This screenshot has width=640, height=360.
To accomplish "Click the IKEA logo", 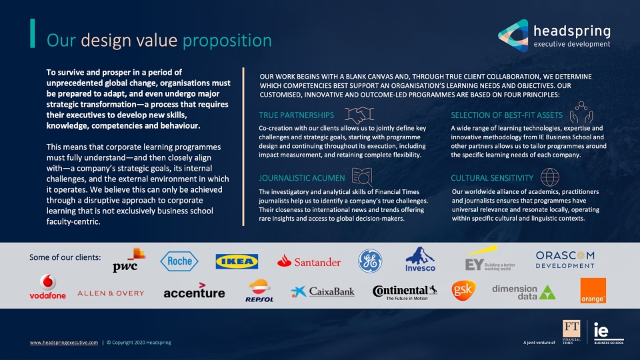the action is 237,261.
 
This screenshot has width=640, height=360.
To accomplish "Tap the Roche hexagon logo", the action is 179,261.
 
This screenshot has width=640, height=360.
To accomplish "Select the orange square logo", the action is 593,291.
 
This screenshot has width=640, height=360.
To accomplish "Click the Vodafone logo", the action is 48,287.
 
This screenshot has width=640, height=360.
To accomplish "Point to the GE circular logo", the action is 370,261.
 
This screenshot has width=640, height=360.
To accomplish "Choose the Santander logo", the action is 309,261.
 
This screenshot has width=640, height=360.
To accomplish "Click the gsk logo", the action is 464,290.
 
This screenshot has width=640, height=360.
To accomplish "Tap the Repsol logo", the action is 259,291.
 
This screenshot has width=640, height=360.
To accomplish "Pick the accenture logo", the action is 194,291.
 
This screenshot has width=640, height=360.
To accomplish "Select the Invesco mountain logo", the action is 421,259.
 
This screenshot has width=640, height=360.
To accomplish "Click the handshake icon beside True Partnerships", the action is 359,115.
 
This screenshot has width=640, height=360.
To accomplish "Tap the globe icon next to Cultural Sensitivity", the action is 550,177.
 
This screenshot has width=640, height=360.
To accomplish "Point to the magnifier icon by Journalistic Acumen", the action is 362,177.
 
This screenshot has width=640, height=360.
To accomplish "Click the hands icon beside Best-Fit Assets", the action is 581,112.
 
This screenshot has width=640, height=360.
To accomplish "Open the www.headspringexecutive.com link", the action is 64,343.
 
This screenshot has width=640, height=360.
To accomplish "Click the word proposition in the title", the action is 227,41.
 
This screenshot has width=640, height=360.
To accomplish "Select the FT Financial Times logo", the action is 571,332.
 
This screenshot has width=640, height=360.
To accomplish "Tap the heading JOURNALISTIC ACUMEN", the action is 301,179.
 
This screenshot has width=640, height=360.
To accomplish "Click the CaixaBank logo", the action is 323,291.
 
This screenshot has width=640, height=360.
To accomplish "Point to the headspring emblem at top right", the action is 513,35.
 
